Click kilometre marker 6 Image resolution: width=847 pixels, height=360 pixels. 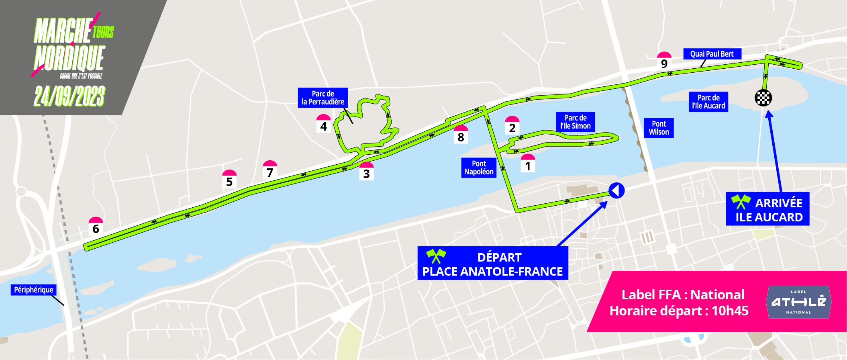click(x=96, y=226)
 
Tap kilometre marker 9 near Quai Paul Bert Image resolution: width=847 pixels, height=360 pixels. click(x=664, y=61)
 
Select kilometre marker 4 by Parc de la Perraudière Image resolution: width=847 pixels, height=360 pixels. click(x=323, y=124)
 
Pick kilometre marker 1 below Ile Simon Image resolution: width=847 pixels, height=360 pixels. click(x=528, y=164)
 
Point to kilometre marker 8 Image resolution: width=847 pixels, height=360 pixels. click(x=461, y=135)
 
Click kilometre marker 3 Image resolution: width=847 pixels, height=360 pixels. click(x=366, y=171)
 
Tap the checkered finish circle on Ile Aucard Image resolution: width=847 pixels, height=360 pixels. click(x=763, y=98)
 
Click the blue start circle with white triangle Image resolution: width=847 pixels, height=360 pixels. click(x=616, y=190)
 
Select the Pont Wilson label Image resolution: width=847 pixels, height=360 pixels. click(x=659, y=128)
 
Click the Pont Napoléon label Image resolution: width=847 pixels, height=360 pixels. click(x=479, y=168)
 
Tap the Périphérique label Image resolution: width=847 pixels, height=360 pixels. click(x=33, y=290)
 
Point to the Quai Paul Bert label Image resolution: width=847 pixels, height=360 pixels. click(x=712, y=54)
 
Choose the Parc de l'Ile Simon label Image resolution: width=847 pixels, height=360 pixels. click(x=575, y=122)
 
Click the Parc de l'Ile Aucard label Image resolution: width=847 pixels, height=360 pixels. click(x=708, y=102)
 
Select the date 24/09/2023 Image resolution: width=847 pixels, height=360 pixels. click(x=69, y=96)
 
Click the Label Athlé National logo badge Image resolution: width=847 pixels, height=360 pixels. click(x=798, y=302)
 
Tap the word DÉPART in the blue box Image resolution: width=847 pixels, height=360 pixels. click(x=499, y=257)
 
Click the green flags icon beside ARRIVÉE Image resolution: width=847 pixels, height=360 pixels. click(x=741, y=202)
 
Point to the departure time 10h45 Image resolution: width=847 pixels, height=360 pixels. click(x=730, y=311)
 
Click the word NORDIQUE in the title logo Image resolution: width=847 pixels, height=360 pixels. click(x=69, y=58)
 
